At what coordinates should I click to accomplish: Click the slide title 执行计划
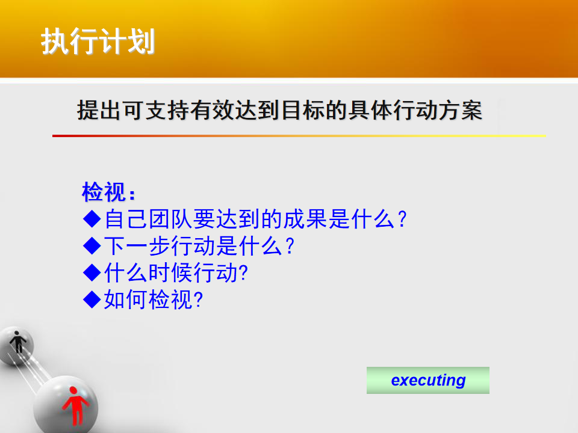coord(98,41)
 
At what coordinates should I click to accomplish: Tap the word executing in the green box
coord(428,380)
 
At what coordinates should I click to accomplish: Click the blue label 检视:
coord(108,191)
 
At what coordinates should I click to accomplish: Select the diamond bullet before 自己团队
coord(92,219)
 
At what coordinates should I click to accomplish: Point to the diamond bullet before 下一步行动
coord(92,245)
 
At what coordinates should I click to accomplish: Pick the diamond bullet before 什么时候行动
coord(92,273)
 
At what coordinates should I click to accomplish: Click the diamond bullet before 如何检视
coord(92,299)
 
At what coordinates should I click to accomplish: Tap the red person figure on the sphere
coord(75,405)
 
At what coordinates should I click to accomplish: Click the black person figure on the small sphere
coord(17,342)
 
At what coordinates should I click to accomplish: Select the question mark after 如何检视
coord(198,299)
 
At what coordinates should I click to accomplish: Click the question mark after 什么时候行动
coord(243,273)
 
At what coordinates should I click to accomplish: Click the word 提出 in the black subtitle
coord(99,110)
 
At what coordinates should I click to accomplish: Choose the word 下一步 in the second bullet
coord(137,245)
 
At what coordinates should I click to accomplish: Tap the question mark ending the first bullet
coord(402,220)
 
